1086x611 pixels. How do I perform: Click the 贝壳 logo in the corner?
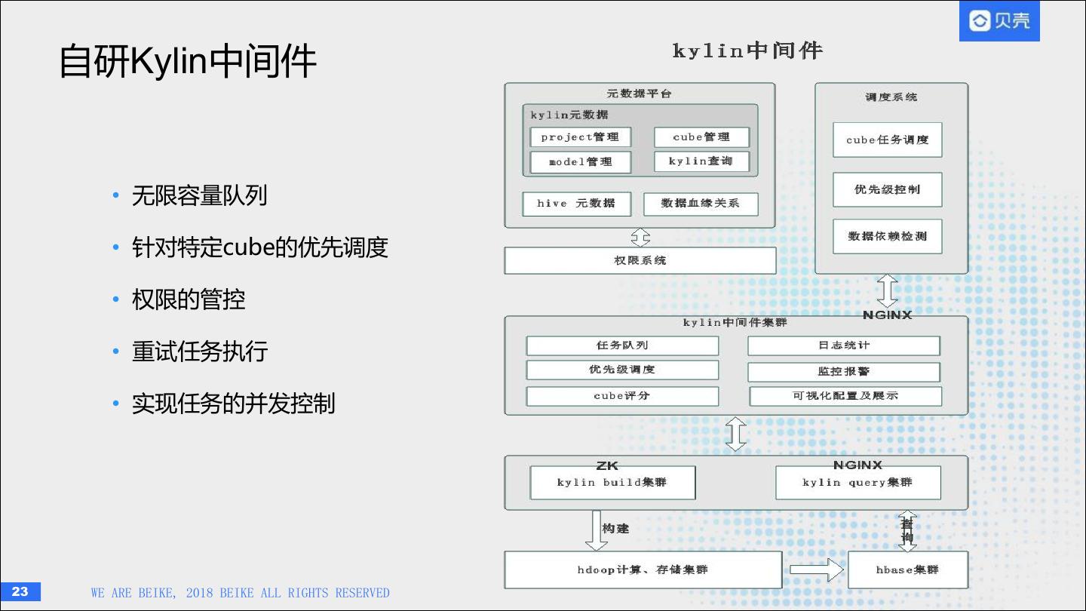point(999,21)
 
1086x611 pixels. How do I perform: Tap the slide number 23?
point(20,591)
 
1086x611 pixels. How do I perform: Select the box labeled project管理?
point(580,137)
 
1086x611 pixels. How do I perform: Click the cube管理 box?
point(701,137)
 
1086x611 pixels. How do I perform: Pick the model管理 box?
point(580,162)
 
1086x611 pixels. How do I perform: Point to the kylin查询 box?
point(701,161)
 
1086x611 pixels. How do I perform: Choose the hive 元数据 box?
point(576,204)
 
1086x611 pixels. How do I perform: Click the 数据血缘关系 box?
point(700,204)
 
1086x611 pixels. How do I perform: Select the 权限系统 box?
point(640,261)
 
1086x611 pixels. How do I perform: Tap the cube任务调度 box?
point(887,140)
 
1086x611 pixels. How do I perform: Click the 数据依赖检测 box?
point(887,236)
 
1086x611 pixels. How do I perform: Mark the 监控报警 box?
point(844,372)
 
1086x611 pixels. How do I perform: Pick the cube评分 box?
point(622,396)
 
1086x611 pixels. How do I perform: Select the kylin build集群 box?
point(612,483)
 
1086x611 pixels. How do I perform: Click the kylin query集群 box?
point(857,483)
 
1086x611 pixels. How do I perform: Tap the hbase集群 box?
point(907,570)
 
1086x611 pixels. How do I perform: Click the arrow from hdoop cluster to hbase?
point(816,570)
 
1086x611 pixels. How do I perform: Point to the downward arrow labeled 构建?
point(593,530)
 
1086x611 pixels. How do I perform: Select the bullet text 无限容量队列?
point(199,196)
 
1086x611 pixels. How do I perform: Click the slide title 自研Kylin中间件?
point(187,62)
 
